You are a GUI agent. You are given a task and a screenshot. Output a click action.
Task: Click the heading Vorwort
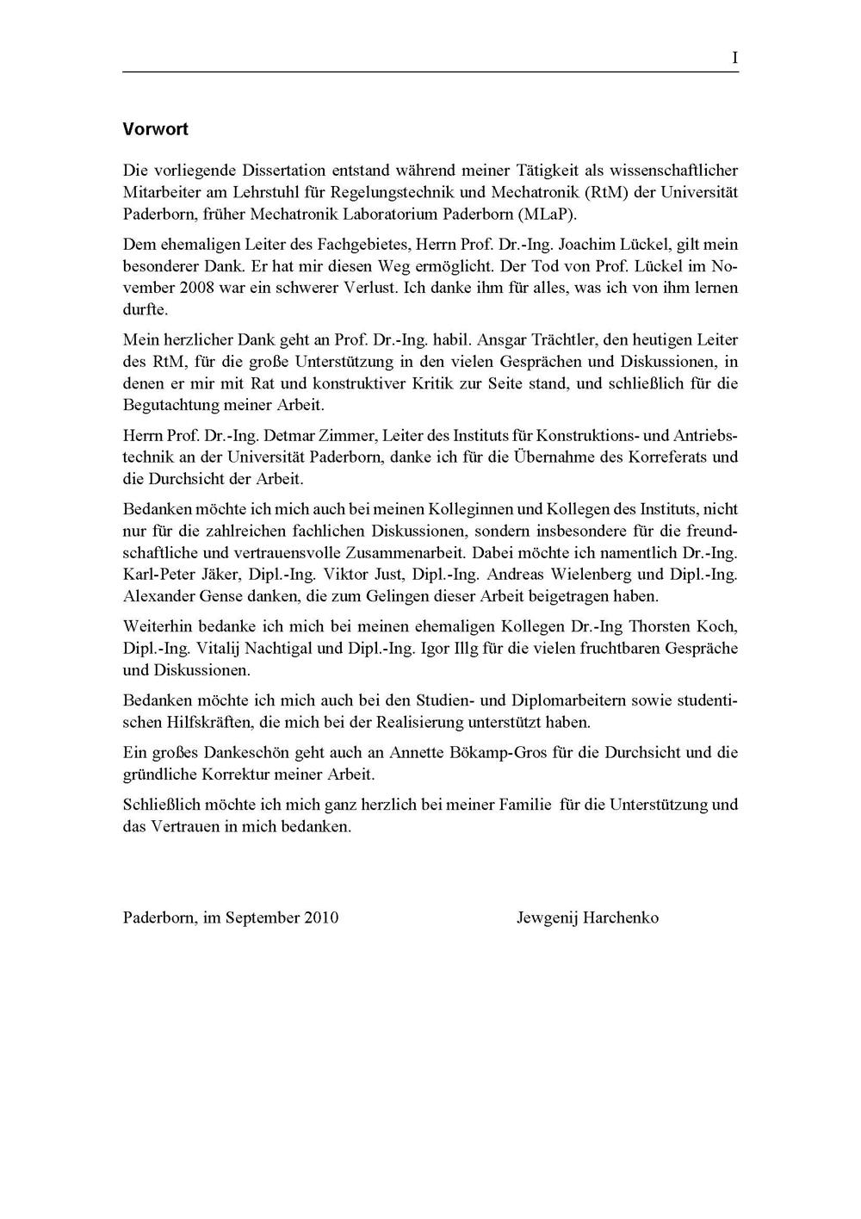(x=155, y=129)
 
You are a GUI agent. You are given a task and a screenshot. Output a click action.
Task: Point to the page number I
(x=734, y=58)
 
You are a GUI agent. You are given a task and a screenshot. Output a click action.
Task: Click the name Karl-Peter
(x=160, y=574)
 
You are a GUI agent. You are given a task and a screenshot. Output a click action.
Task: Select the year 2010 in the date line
(x=320, y=917)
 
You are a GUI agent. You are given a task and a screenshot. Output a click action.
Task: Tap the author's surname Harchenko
(x=621, y=917)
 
